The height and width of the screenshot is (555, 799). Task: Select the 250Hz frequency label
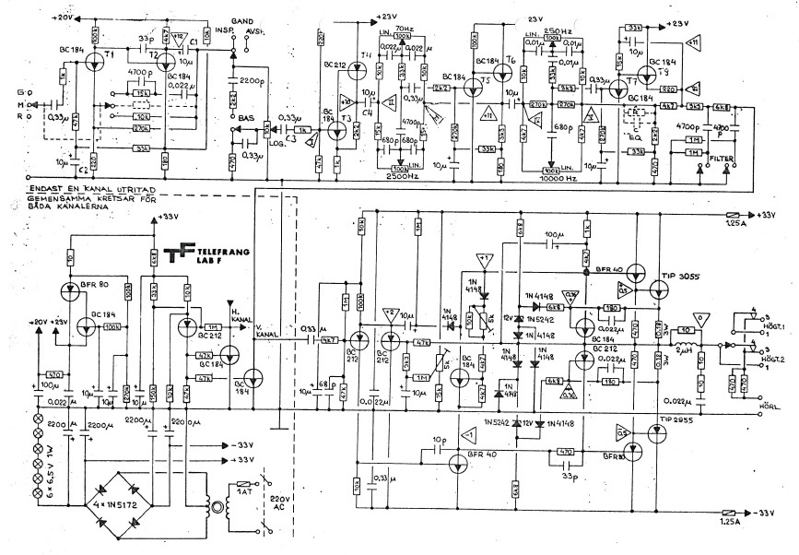[554, 30]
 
